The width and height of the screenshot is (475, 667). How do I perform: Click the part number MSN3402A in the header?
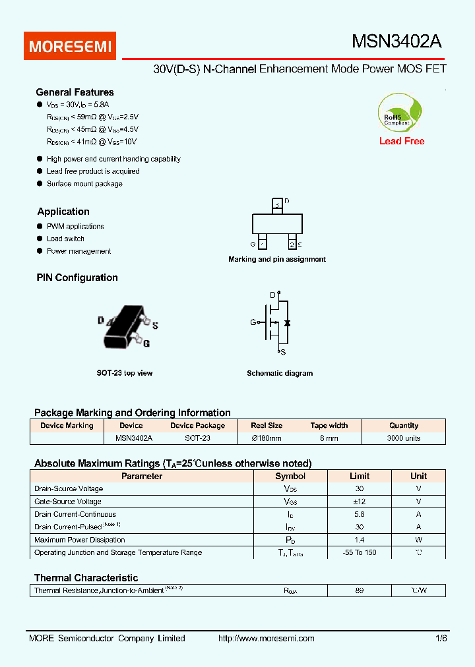(396, 42)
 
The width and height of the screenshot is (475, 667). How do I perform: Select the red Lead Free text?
(402, 141)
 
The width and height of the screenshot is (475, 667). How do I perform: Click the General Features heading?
(75, 92)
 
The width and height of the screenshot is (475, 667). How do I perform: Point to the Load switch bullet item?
(65, 239)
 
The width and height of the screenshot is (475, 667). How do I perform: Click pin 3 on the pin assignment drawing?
(278, 205)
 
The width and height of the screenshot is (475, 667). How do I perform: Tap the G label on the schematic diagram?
(253, 322)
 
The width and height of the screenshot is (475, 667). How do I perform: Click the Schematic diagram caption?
(280, 373)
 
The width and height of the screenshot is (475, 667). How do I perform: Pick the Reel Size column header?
(267, 425)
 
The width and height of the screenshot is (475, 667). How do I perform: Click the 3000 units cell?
(404, 438)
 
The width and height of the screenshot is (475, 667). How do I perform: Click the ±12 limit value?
(359, 502)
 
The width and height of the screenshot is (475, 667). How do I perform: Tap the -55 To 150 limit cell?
(359, 552)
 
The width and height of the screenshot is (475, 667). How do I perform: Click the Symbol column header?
(290, 476)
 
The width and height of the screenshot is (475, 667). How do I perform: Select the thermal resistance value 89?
(359, 591)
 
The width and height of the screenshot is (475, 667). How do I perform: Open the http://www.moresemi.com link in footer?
(266, 638)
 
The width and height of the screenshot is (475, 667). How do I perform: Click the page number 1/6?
(441, 638)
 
